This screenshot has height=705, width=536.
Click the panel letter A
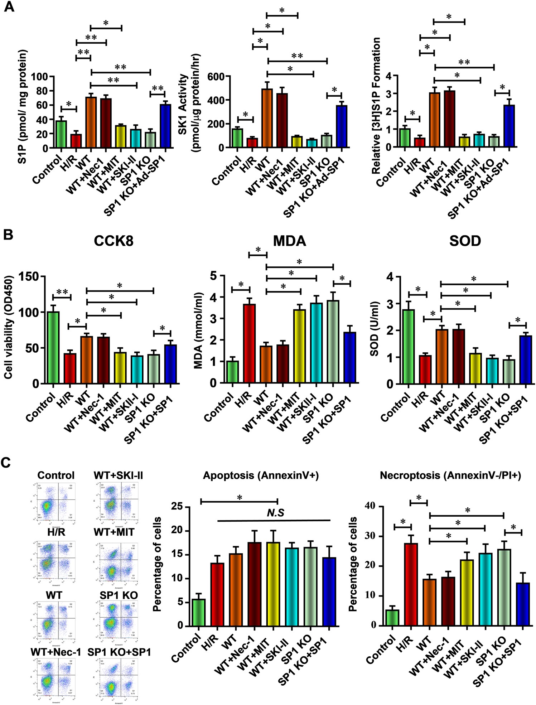coord(9,7)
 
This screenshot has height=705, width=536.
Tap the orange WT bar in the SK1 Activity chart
coord(267,118)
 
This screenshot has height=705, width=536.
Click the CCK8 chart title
coord(114,241)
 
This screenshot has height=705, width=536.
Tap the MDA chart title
coord(289,241)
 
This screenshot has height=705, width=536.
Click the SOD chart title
coord(465,241)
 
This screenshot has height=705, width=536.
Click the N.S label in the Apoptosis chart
coord(275,513)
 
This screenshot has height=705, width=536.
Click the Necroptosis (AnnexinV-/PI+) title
coord(450,475)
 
